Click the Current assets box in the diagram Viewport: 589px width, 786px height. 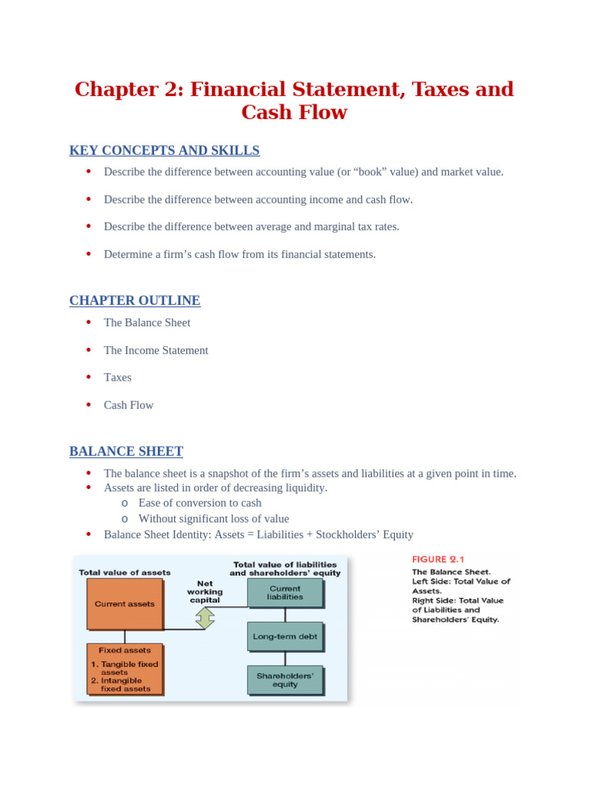click(x=124, y=604)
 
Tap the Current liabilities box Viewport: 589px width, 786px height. click(x=285, y=593)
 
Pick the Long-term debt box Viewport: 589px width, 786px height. click(x=285, y=636)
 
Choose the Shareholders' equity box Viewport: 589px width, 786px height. click(x=285, y=680)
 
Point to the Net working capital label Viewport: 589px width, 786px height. click(x=205, y=592)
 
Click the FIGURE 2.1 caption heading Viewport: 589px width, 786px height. click(x=439, y=559)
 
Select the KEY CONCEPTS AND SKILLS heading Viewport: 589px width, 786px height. click(x=164, y=150)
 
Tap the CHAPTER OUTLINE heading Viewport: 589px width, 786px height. click(x=135, y=301)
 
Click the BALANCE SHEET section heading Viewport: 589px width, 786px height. click(x=126, y=451)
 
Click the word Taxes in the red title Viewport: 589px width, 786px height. click(x=436, y=89)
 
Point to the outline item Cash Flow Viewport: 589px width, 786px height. click(x=129, y=405)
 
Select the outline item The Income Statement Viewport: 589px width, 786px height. click(x=156, y=350)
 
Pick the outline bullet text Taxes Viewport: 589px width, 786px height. click(x=117, y=378)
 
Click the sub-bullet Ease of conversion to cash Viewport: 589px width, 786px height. click(x=199, y=503)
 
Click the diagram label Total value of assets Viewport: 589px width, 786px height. click(x=125, y=573)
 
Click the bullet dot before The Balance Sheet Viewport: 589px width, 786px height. click(x=88, y=322)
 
